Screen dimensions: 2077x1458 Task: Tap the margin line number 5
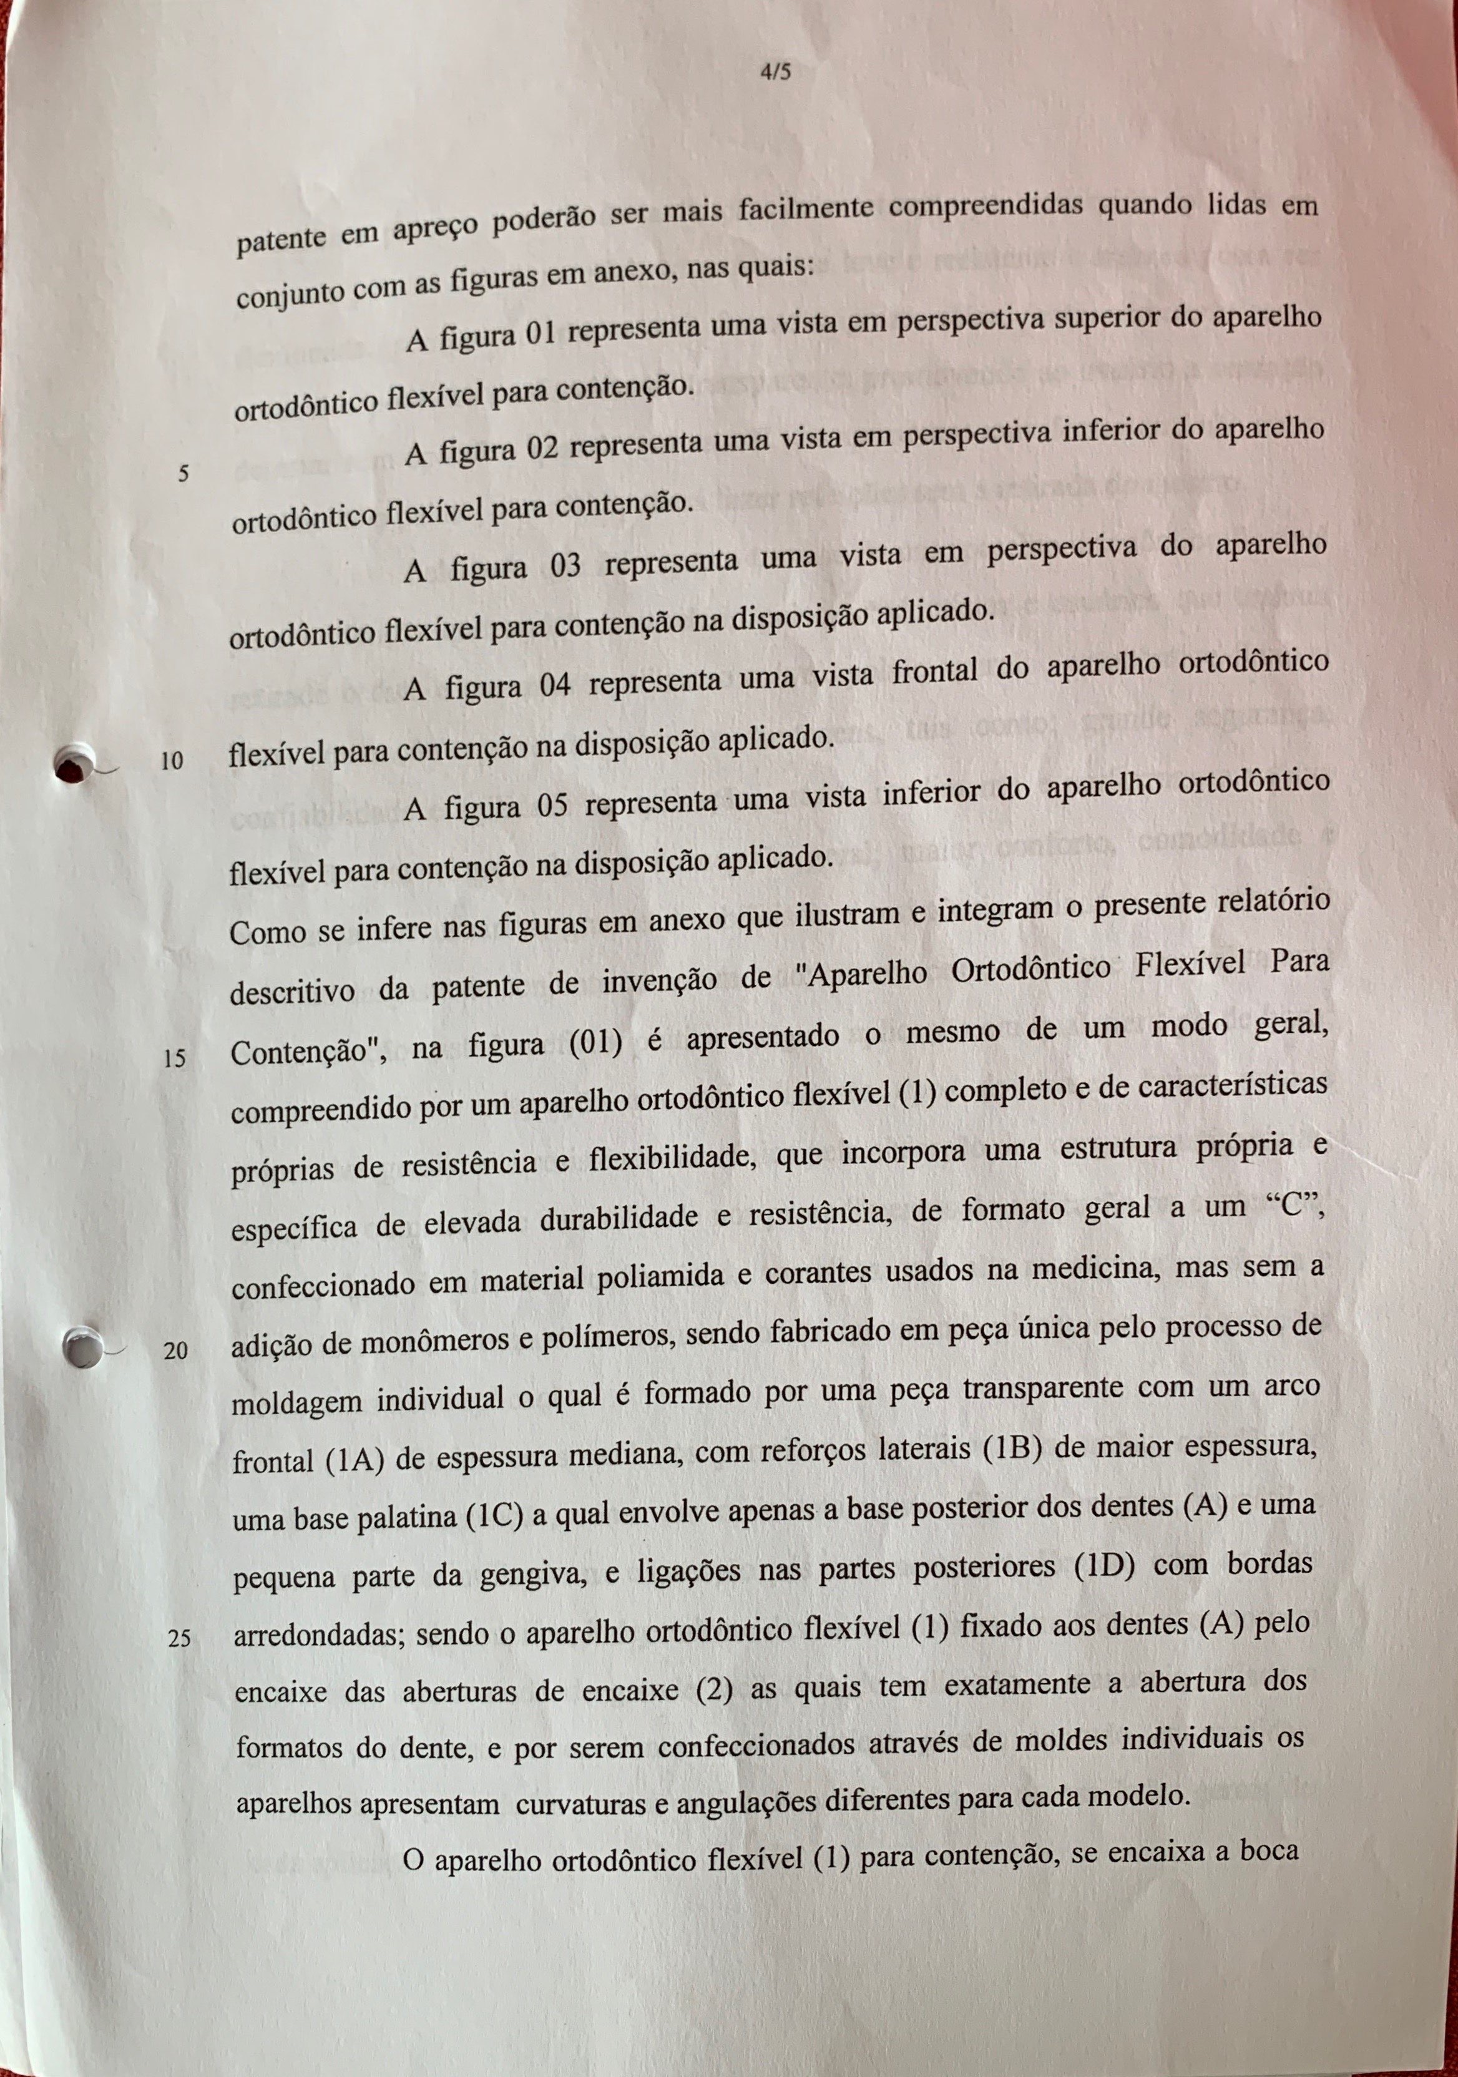click(x=183, y=472)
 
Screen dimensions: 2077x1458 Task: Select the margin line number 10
click(x=172, y=761)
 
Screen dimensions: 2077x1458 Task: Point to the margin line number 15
click(x=175, y=1057)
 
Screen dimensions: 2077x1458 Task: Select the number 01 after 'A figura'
click(x=539, y=334)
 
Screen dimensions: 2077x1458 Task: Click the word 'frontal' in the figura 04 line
click(x=935, y=672)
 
